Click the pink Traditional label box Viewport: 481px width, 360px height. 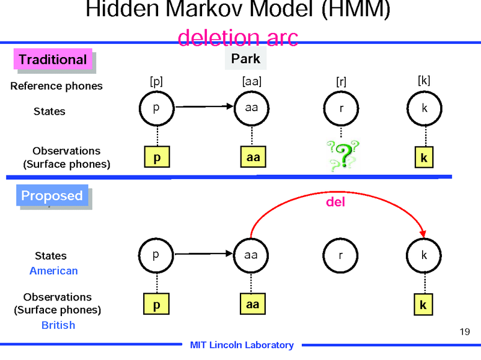[53, 59]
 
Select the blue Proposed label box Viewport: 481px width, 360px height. [52, 196]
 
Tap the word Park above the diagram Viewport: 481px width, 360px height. [245, 58]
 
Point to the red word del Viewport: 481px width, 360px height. [335, 202]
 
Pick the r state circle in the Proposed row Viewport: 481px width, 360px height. [341, 255]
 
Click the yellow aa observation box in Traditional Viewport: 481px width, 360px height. [253, 157]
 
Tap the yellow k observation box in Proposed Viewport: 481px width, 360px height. [423, 305]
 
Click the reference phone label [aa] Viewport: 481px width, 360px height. [251, 80]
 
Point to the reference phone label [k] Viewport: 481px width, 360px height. [424, 80]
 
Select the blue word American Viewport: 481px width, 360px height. [54, 270]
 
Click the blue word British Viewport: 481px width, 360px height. [58, 325]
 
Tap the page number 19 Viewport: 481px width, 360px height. [464, 331]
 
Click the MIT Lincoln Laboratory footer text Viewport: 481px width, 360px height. [242, 345]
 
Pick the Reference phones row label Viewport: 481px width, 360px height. [57, 86]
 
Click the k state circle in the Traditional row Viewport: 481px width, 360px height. [424, 109]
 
